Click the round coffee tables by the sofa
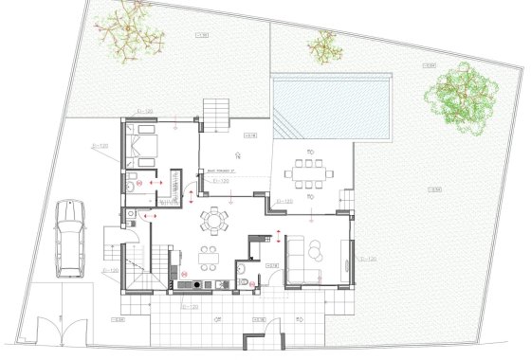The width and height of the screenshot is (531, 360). [316, 249]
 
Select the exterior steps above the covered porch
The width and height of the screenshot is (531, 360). [214, 118]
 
